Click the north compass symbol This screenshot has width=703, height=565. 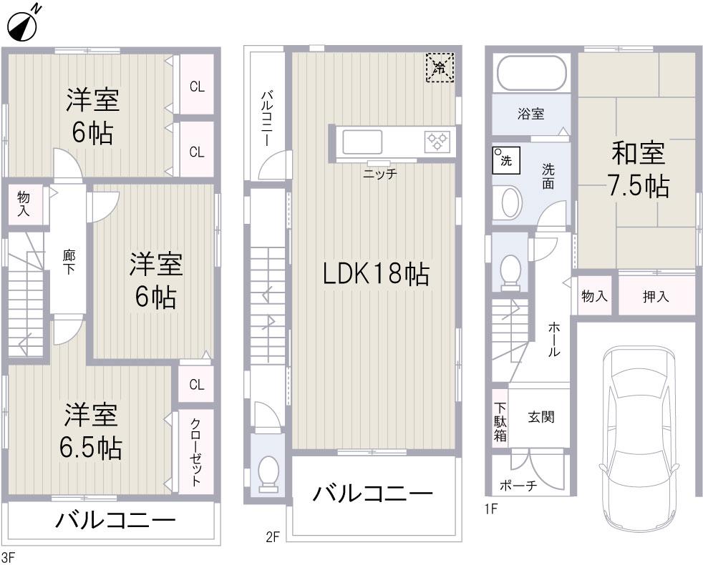23,24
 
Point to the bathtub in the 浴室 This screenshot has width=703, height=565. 531,74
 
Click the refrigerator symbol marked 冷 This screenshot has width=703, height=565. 440,68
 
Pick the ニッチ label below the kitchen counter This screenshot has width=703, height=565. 379,173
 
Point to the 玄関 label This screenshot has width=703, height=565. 541,417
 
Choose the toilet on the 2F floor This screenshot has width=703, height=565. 268,473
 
